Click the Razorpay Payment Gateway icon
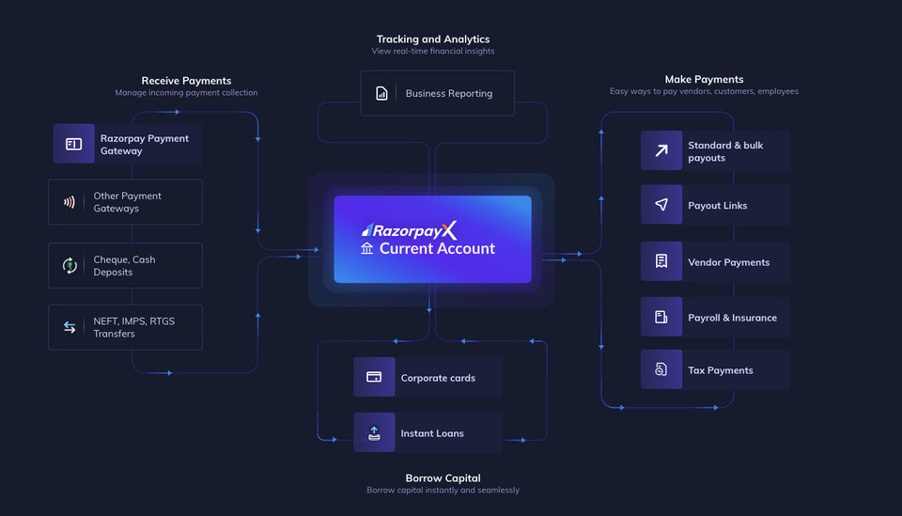coord(73,144)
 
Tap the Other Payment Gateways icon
coord(70,202)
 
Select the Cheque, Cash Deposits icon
coord(70,266)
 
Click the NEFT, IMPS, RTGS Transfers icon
coord(70,327)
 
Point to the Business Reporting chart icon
coord(382,93)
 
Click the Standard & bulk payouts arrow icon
coord(661,150)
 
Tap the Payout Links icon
coord(661,205)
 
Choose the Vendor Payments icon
coord(661,262)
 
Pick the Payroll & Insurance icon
coord(661,318)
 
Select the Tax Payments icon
coord(661,370)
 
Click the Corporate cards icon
coord(374,378)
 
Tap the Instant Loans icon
coord(374,433)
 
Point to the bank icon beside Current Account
coord(366,249)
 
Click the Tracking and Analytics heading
coord(432,39)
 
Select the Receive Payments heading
coord(186,81)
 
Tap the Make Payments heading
coord(704,80)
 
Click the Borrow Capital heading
coord(443,478)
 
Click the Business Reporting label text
coord(448,93)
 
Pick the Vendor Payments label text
coord(728,262)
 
